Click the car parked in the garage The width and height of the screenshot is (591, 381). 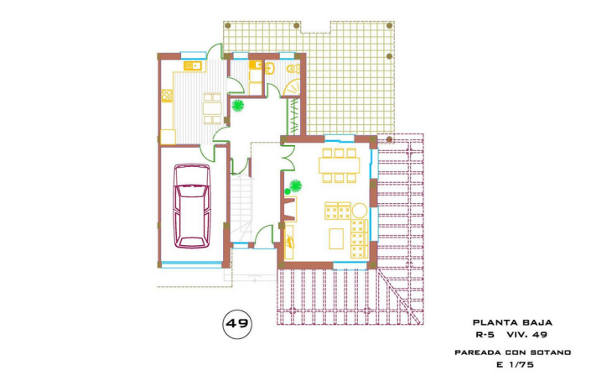[x=192, y=206]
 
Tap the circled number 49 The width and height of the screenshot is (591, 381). [x=237, y=323]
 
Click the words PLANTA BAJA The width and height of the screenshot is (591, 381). [x=512, y=322]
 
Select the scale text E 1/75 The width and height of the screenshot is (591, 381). [x=515, y=364]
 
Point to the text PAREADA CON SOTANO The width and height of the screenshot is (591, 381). [x=512, y=352]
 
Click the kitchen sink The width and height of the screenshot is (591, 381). [x=193, y=65]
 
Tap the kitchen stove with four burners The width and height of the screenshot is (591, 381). [x=167, y=96]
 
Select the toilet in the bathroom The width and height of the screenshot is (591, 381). [x=293, y=69]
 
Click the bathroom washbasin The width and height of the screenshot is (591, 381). [x=270, y=68]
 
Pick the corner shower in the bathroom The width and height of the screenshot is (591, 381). [x=292, y=87]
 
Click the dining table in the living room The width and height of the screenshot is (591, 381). [x=340, y=165]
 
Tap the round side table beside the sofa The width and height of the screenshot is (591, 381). [x=359, y=210]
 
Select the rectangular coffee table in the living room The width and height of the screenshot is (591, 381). [x=336, y=238]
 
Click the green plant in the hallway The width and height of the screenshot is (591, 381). [x=237, y=105]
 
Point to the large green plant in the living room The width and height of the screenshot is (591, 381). [x=295, y=185]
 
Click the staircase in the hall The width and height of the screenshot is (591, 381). [x=241, y=207]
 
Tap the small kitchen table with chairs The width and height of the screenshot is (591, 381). [x=212, y=108]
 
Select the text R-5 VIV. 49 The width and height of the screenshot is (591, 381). [x=511, y=335]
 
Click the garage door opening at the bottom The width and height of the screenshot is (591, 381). [x=191, y=264]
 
